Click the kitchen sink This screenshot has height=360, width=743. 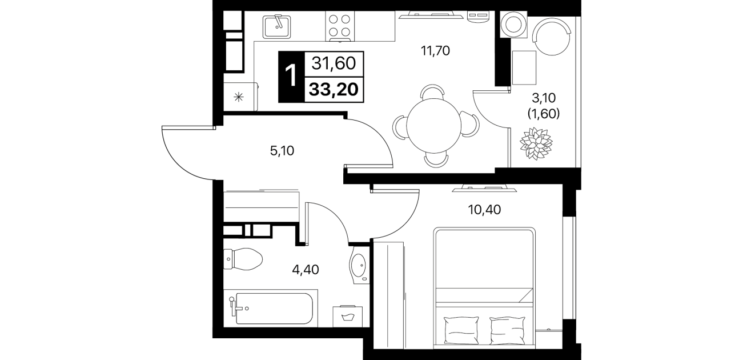(277, 26)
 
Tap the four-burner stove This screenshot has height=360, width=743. (340, 26)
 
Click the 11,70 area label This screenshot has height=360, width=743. (436, 51)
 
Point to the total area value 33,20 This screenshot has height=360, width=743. (334, 89)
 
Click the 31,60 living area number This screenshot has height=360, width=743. (334, 63)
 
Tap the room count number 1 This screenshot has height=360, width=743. (291, 76)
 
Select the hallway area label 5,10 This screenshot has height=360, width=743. (282, 151)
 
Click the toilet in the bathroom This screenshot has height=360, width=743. (243, 259)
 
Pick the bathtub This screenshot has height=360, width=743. (271, 308)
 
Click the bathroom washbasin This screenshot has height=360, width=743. (359, 266)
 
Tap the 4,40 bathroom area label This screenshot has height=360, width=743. (306, 270)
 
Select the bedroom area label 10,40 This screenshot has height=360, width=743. (484, 210)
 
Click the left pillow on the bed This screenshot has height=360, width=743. (461, 330)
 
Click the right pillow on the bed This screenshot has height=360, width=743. (508, 330)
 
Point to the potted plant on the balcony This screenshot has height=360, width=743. (536, 143)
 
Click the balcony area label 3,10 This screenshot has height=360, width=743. (544, 98)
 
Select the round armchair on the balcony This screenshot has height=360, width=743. (552, 36)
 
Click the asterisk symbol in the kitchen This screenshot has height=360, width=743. (239, 97)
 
